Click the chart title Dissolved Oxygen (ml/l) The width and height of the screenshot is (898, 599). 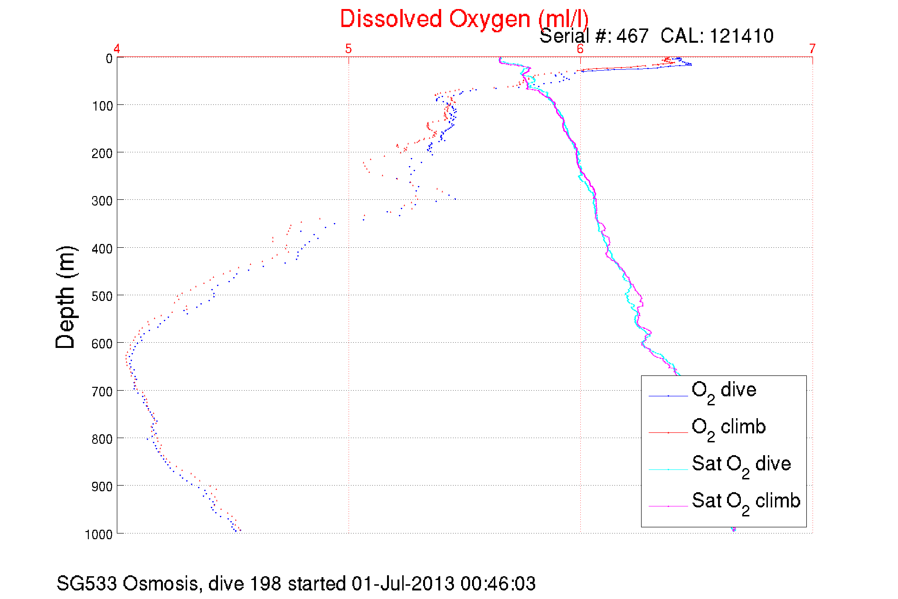[x=464, y=19]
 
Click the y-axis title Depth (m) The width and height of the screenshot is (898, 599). [x=66, y=298]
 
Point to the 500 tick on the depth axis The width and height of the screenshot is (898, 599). [x=102, y=296]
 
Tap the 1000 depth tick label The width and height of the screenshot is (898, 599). [x=99, y=534]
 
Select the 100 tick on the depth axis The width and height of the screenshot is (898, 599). [x=102, y=106]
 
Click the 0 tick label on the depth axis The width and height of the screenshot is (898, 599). [x=109, y=58]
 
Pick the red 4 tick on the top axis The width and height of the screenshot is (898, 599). [x=117, y=48]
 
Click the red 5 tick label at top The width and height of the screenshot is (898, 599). [x=349, y=48]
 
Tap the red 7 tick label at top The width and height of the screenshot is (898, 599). [x=813, y=48]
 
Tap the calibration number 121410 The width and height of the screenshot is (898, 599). [x=741, y=36]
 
